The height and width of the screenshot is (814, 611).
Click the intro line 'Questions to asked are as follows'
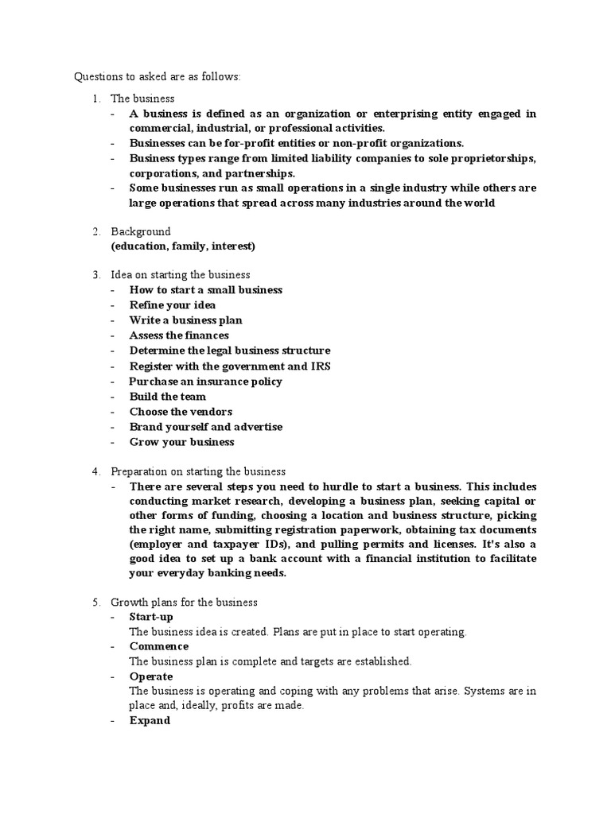pos(157,77)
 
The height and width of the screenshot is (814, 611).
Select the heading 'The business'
pos(142,99)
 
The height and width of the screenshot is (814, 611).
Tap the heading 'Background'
pos(141,231)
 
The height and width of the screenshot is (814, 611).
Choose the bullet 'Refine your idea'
pos(173,305)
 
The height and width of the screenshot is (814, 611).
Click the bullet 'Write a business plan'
pos(186,320)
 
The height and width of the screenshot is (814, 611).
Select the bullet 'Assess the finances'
pos(179,335)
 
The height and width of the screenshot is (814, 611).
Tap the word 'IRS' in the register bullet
pos(321,366)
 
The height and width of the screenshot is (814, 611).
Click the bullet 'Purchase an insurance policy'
pos(205,381)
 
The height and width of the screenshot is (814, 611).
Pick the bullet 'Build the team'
pos(168,396)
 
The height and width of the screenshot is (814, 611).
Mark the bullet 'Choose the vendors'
pos(181,411)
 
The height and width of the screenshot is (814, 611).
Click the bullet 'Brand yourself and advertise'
pos(206,427)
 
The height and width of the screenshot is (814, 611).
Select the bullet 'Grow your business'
pos(182,442)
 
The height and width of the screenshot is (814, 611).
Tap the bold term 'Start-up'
pos(151,617)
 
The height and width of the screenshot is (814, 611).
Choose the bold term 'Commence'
pos(159,646)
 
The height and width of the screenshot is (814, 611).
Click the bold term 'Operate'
pos(151,676)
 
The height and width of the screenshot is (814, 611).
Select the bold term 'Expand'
pos(150,720)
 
